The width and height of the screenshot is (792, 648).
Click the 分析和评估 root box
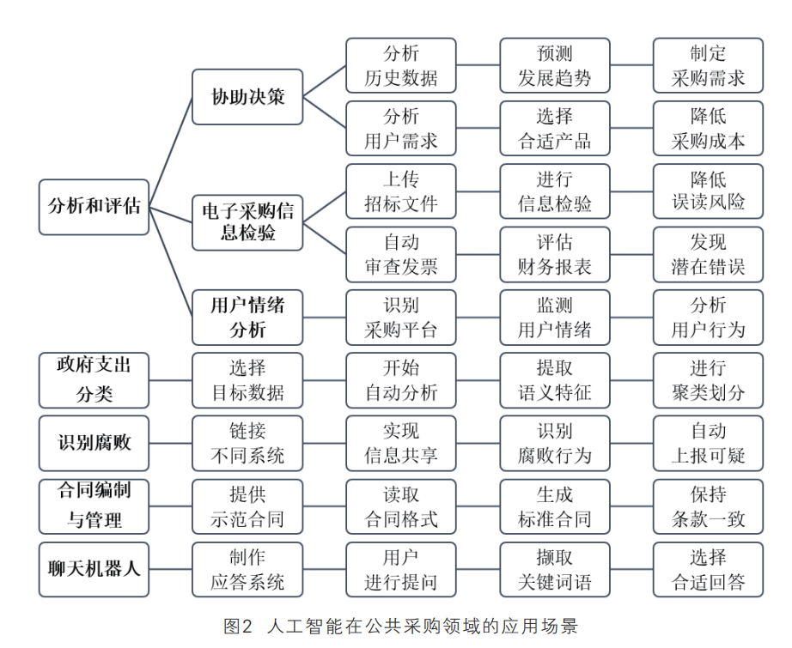click(94, 207)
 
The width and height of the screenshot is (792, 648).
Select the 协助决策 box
click(247, 97)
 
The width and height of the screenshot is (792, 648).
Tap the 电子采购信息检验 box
click(247, 222)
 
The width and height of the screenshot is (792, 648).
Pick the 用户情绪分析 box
click(247, 318)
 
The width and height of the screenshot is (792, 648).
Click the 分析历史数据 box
click(401, 65)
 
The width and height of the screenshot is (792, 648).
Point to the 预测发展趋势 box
click(555, 65)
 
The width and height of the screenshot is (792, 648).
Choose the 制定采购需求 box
click(708, 65)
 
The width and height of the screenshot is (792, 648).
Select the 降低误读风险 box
click(708, 191)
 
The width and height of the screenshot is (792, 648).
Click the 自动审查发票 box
click(401, 254)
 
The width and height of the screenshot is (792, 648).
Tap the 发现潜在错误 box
click(708, 254)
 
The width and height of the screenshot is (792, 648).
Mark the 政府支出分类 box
click(94, 380)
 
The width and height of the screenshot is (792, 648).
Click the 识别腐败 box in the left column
click(94, 443)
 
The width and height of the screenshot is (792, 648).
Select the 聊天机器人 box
click(94, 569)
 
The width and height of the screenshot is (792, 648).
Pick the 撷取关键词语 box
click(555, 569)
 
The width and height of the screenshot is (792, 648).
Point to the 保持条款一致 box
click(708, 506)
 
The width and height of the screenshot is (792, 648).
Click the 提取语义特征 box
click(555, 380)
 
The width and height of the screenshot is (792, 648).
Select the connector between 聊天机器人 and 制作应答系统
click(171, 569)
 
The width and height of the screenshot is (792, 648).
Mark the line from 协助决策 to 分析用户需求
click(325, 112)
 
